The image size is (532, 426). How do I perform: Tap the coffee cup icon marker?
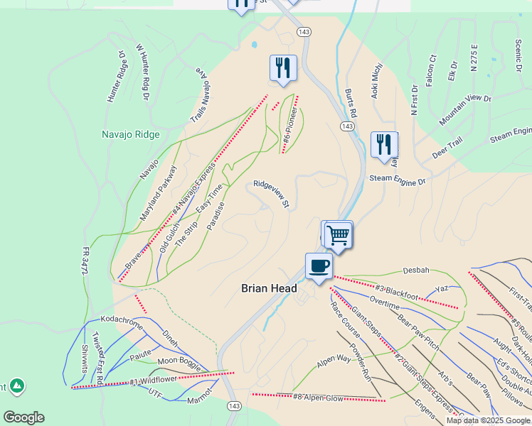(319, 266)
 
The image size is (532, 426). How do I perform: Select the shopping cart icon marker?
(339, 234)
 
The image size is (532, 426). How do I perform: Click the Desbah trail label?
(416, 271)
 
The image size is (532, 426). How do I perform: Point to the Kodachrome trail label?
(122, 319)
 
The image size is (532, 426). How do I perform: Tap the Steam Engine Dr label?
(397, 182)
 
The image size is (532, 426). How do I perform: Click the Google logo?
(23, 417)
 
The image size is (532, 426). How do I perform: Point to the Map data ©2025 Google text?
(487, 420)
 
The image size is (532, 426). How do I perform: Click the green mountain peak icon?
(16, 386)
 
